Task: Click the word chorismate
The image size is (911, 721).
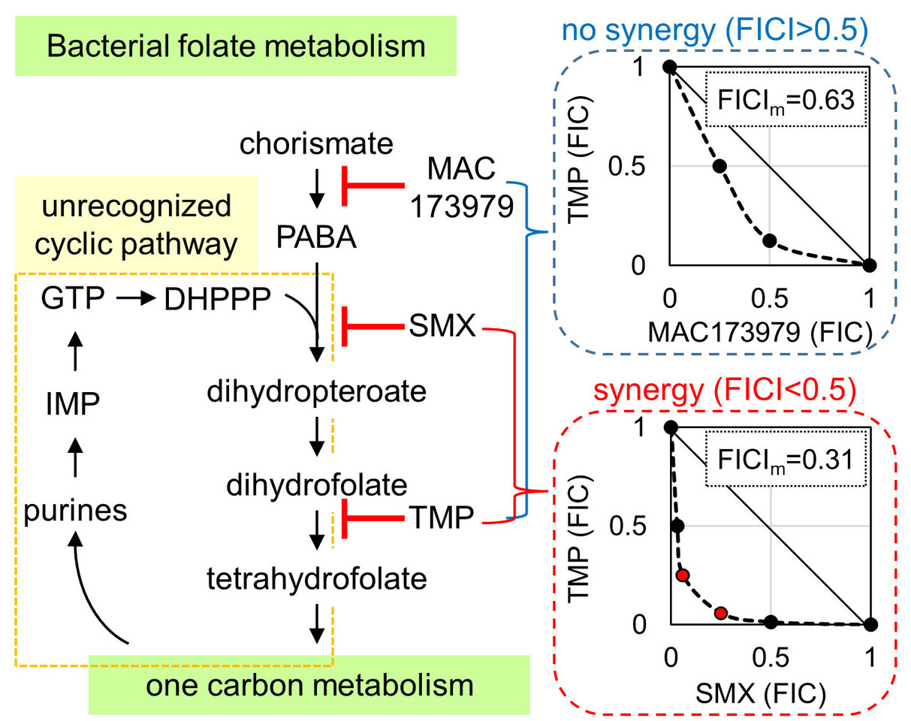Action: click(316, 144)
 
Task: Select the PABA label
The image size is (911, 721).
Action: click(316, 240)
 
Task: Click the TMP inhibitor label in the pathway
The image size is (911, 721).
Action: click(441, 518)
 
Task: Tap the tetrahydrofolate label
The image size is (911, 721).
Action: click(317, 578)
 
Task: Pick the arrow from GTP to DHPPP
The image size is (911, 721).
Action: click(134, 300)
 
